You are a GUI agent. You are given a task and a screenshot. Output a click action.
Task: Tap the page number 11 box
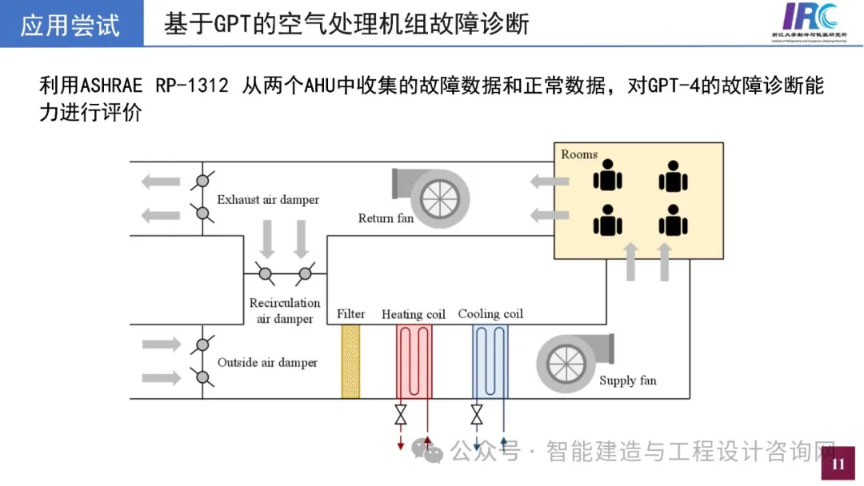(x=838, y=464)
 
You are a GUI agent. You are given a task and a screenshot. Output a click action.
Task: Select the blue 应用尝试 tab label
(x=70, y=25)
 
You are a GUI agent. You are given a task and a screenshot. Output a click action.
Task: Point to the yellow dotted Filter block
(x=350, y=361)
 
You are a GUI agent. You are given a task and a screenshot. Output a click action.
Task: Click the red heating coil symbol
(x=414, y=361)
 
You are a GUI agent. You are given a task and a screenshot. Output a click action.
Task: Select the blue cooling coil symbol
(x=490, y=361)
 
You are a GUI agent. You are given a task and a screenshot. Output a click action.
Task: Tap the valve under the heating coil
(x=401, y=416)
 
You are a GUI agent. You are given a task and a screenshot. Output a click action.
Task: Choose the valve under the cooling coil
(x=477, y=416)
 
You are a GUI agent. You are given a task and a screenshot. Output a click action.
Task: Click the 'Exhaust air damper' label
(x=268, y=200)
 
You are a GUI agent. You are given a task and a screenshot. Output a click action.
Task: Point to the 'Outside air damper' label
(x=267, y=363)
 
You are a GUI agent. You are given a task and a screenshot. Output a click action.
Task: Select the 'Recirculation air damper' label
(x=285, y=311)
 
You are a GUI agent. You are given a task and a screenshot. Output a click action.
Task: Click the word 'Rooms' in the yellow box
(x=579, y=154)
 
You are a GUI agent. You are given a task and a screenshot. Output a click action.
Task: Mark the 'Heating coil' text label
(x=414, y=314)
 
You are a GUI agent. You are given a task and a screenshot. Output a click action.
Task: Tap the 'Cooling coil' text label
(x=490, y=314)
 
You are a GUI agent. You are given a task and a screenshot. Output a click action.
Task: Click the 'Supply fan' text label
(x=628, y=380)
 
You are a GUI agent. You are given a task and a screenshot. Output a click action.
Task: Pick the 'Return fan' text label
(x=386, y=218)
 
